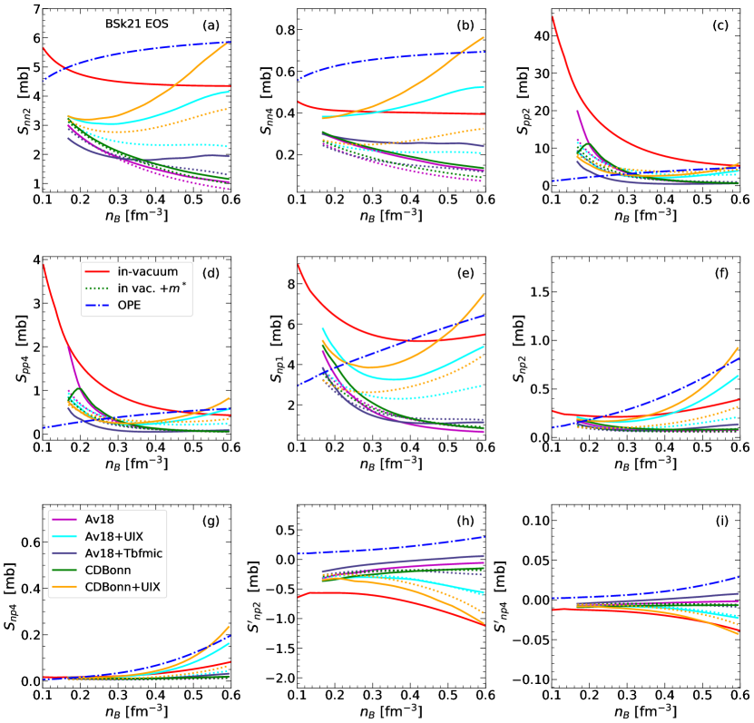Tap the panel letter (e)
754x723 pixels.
coord(472,272)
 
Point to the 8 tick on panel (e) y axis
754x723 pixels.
coord(286,284)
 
